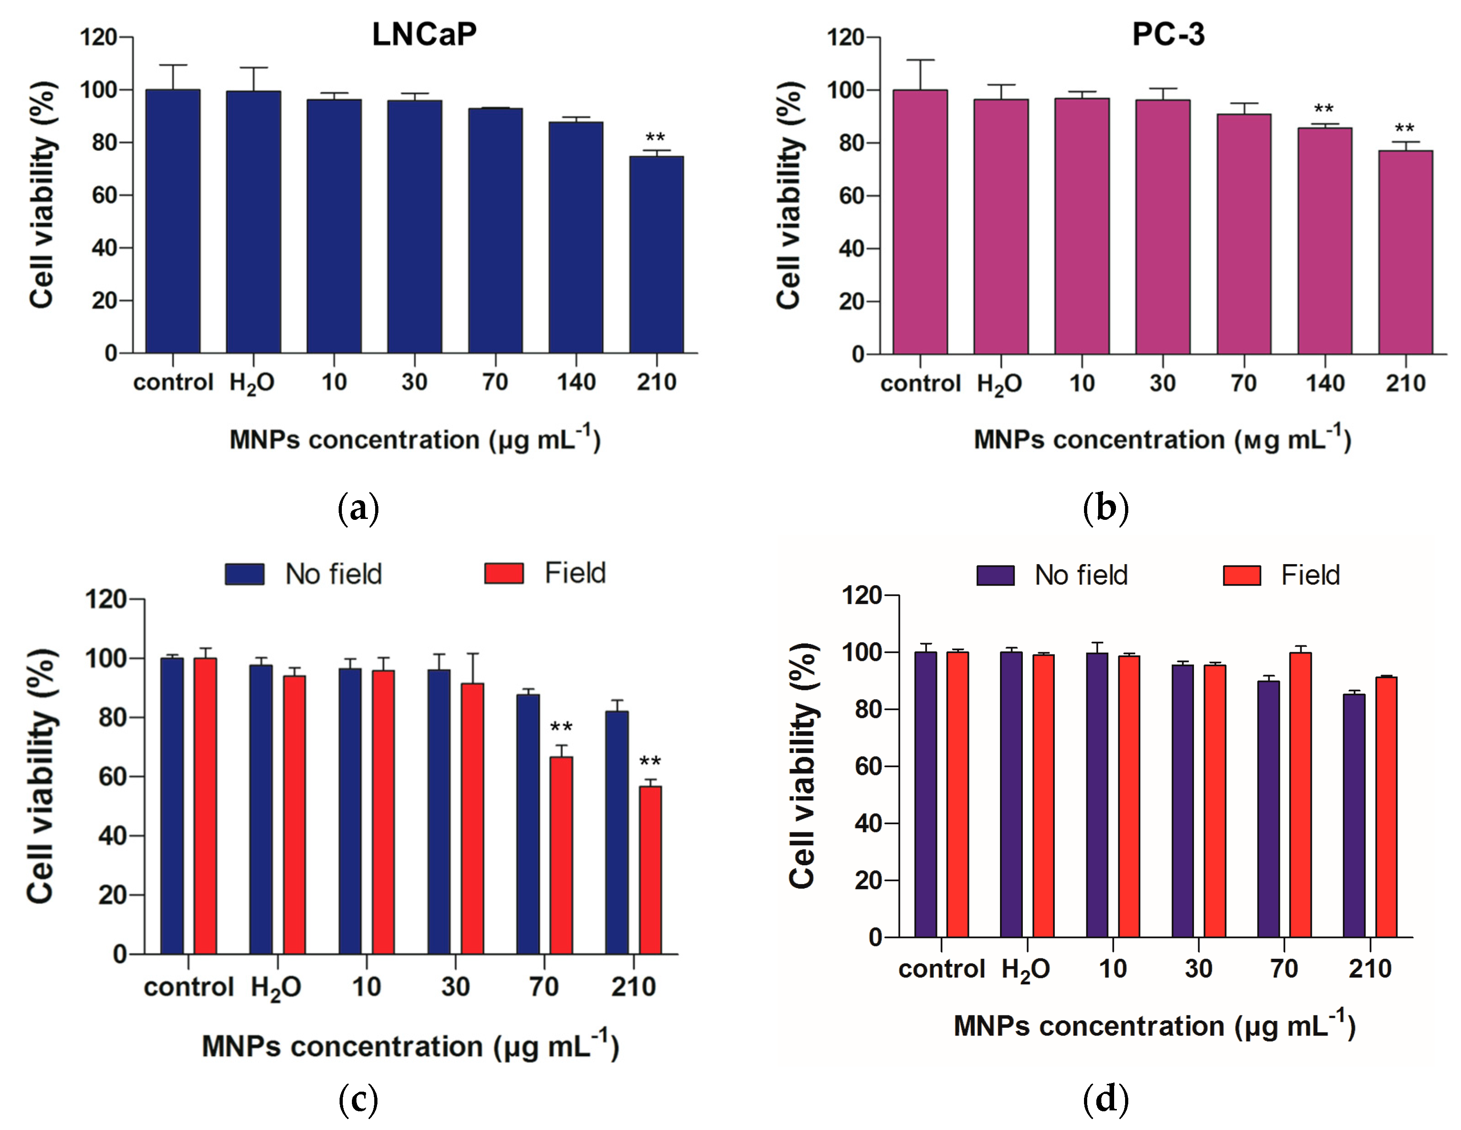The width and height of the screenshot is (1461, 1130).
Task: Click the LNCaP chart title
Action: coord(424,34)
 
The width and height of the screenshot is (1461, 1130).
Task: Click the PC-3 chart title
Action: coord(1168,34)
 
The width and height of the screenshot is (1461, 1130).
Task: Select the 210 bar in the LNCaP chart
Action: coord(656,254)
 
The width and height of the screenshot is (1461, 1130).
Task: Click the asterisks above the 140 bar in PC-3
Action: coord(1324,109)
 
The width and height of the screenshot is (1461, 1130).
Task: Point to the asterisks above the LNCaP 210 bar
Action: coord(655,138)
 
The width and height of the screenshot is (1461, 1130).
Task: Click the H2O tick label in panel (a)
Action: coord(252,383)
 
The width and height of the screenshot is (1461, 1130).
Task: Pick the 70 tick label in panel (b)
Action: coord(1244,383)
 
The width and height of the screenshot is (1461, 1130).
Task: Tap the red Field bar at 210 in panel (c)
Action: coord(650,870)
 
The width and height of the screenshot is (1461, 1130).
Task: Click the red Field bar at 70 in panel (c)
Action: coord(561,855)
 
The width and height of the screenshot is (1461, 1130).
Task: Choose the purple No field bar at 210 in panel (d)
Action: coord(1354,816)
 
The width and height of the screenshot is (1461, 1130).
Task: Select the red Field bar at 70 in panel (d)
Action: coord(1300,795)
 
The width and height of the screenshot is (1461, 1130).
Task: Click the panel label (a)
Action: coord(359,508)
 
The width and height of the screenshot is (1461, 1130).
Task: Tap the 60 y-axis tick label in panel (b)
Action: coord(852,196)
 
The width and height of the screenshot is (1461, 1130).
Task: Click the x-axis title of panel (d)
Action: coord(1154,1025)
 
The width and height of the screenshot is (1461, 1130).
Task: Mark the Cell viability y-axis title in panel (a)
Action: coord(42,195)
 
